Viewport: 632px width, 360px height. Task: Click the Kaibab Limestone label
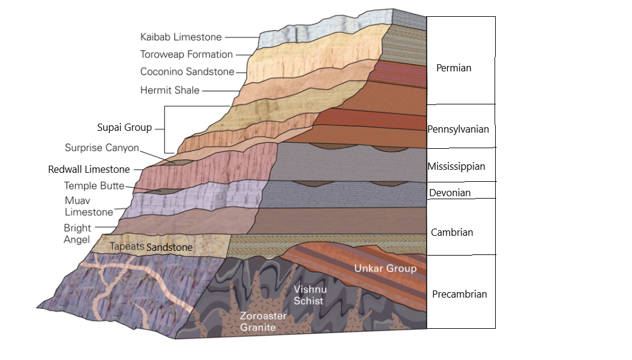point(181,37)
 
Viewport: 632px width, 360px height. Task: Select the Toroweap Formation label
point(186,55)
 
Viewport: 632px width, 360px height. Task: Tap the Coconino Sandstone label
point(186,72)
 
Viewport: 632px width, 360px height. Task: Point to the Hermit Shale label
point(170,91)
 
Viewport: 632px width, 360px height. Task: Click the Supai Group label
point(124,128)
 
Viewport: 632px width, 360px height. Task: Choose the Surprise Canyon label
point(102,148)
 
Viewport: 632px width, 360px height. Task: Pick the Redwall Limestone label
point(89,170)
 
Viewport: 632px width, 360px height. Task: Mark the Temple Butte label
point(94,186)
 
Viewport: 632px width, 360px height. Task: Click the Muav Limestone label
point(88,205)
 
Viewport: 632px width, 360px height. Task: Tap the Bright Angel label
point(77,233)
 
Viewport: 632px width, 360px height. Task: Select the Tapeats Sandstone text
point(151,247)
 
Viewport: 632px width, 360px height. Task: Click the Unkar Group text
point(385,268)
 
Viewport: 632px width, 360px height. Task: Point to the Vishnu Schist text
point(308,295)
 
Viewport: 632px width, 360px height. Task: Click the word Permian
point(454,68)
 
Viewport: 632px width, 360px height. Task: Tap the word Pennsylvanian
point(458,129)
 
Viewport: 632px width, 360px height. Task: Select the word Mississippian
point(456,166)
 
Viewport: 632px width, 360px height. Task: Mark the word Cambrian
point(452,232)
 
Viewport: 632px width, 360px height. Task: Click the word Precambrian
point(459,294)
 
